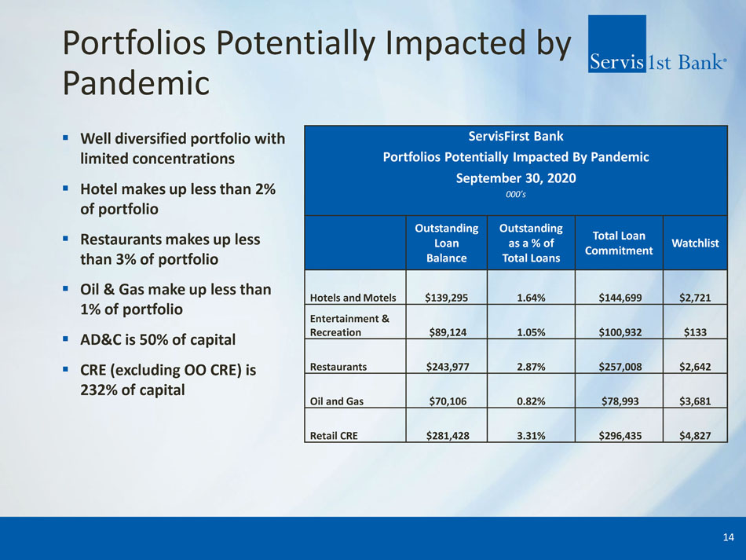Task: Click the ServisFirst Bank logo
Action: click(x=657, y=44)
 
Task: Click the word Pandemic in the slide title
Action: click(x=136, y=83)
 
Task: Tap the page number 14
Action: click(x=728, y=537)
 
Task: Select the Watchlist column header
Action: click(x=695, y=243)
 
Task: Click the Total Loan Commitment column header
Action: click(x=619, y=243)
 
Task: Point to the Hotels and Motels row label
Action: click(x=353, y=298)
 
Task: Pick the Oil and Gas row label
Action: click(x=336, y=401)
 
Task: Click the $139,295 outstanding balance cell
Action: click(x=446, y=298)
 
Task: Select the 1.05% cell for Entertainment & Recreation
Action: click(x=531, y=332)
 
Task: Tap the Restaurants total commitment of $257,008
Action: click(x=620, y=367)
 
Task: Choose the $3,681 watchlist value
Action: click(x=695, y=401)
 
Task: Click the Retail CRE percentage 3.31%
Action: click(x=531, y=435)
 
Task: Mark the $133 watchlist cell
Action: click(x=695, y=332)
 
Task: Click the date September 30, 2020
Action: click(x=516, y=178)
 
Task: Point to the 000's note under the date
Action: click(x=516, y=194)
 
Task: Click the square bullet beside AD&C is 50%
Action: click(x=66, y=339)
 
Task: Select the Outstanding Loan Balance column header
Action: click(x=446, y=243)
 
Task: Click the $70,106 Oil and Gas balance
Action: click(x=448, y=401)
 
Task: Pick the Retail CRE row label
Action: click(x=334, y=435)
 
